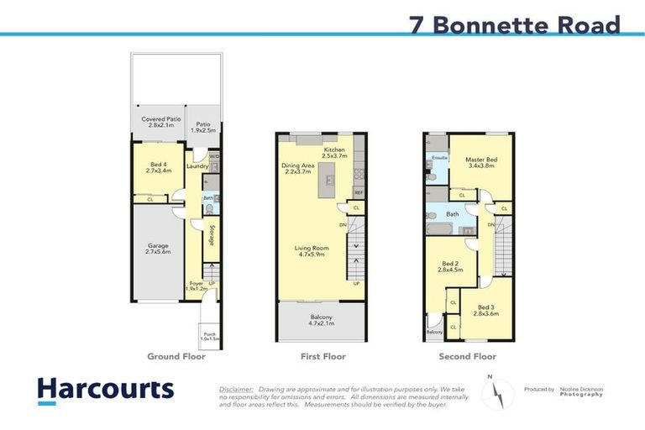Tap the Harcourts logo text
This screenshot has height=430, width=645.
(x=105, y=389)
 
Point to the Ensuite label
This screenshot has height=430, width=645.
(x=439, y=157)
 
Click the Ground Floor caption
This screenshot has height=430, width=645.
(x=176, y=357)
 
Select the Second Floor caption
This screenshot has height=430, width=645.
(x=468, y=357)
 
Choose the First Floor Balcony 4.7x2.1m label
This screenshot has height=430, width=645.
(x=322, y=319)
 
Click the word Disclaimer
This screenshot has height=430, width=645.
(x=236, y=390)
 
